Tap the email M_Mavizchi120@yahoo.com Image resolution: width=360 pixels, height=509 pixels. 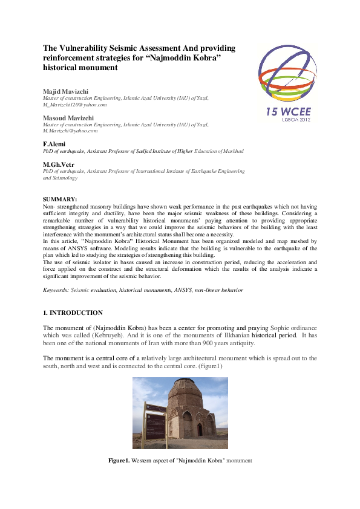[74, 105]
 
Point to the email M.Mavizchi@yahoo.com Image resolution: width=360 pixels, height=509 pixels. [70, 131]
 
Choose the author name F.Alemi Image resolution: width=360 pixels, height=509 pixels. [54, 144]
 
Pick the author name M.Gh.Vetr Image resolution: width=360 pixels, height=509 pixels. [58, 164]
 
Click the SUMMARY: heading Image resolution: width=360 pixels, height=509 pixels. [60, 199]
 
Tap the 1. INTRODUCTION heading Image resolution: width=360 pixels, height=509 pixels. [73, 313]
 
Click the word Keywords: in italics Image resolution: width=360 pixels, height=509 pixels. [56, 290]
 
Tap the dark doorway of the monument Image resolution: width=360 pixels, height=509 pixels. [199, 430]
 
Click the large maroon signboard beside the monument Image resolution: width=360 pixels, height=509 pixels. [156, 421]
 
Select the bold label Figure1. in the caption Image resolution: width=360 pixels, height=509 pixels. [119, 461]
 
